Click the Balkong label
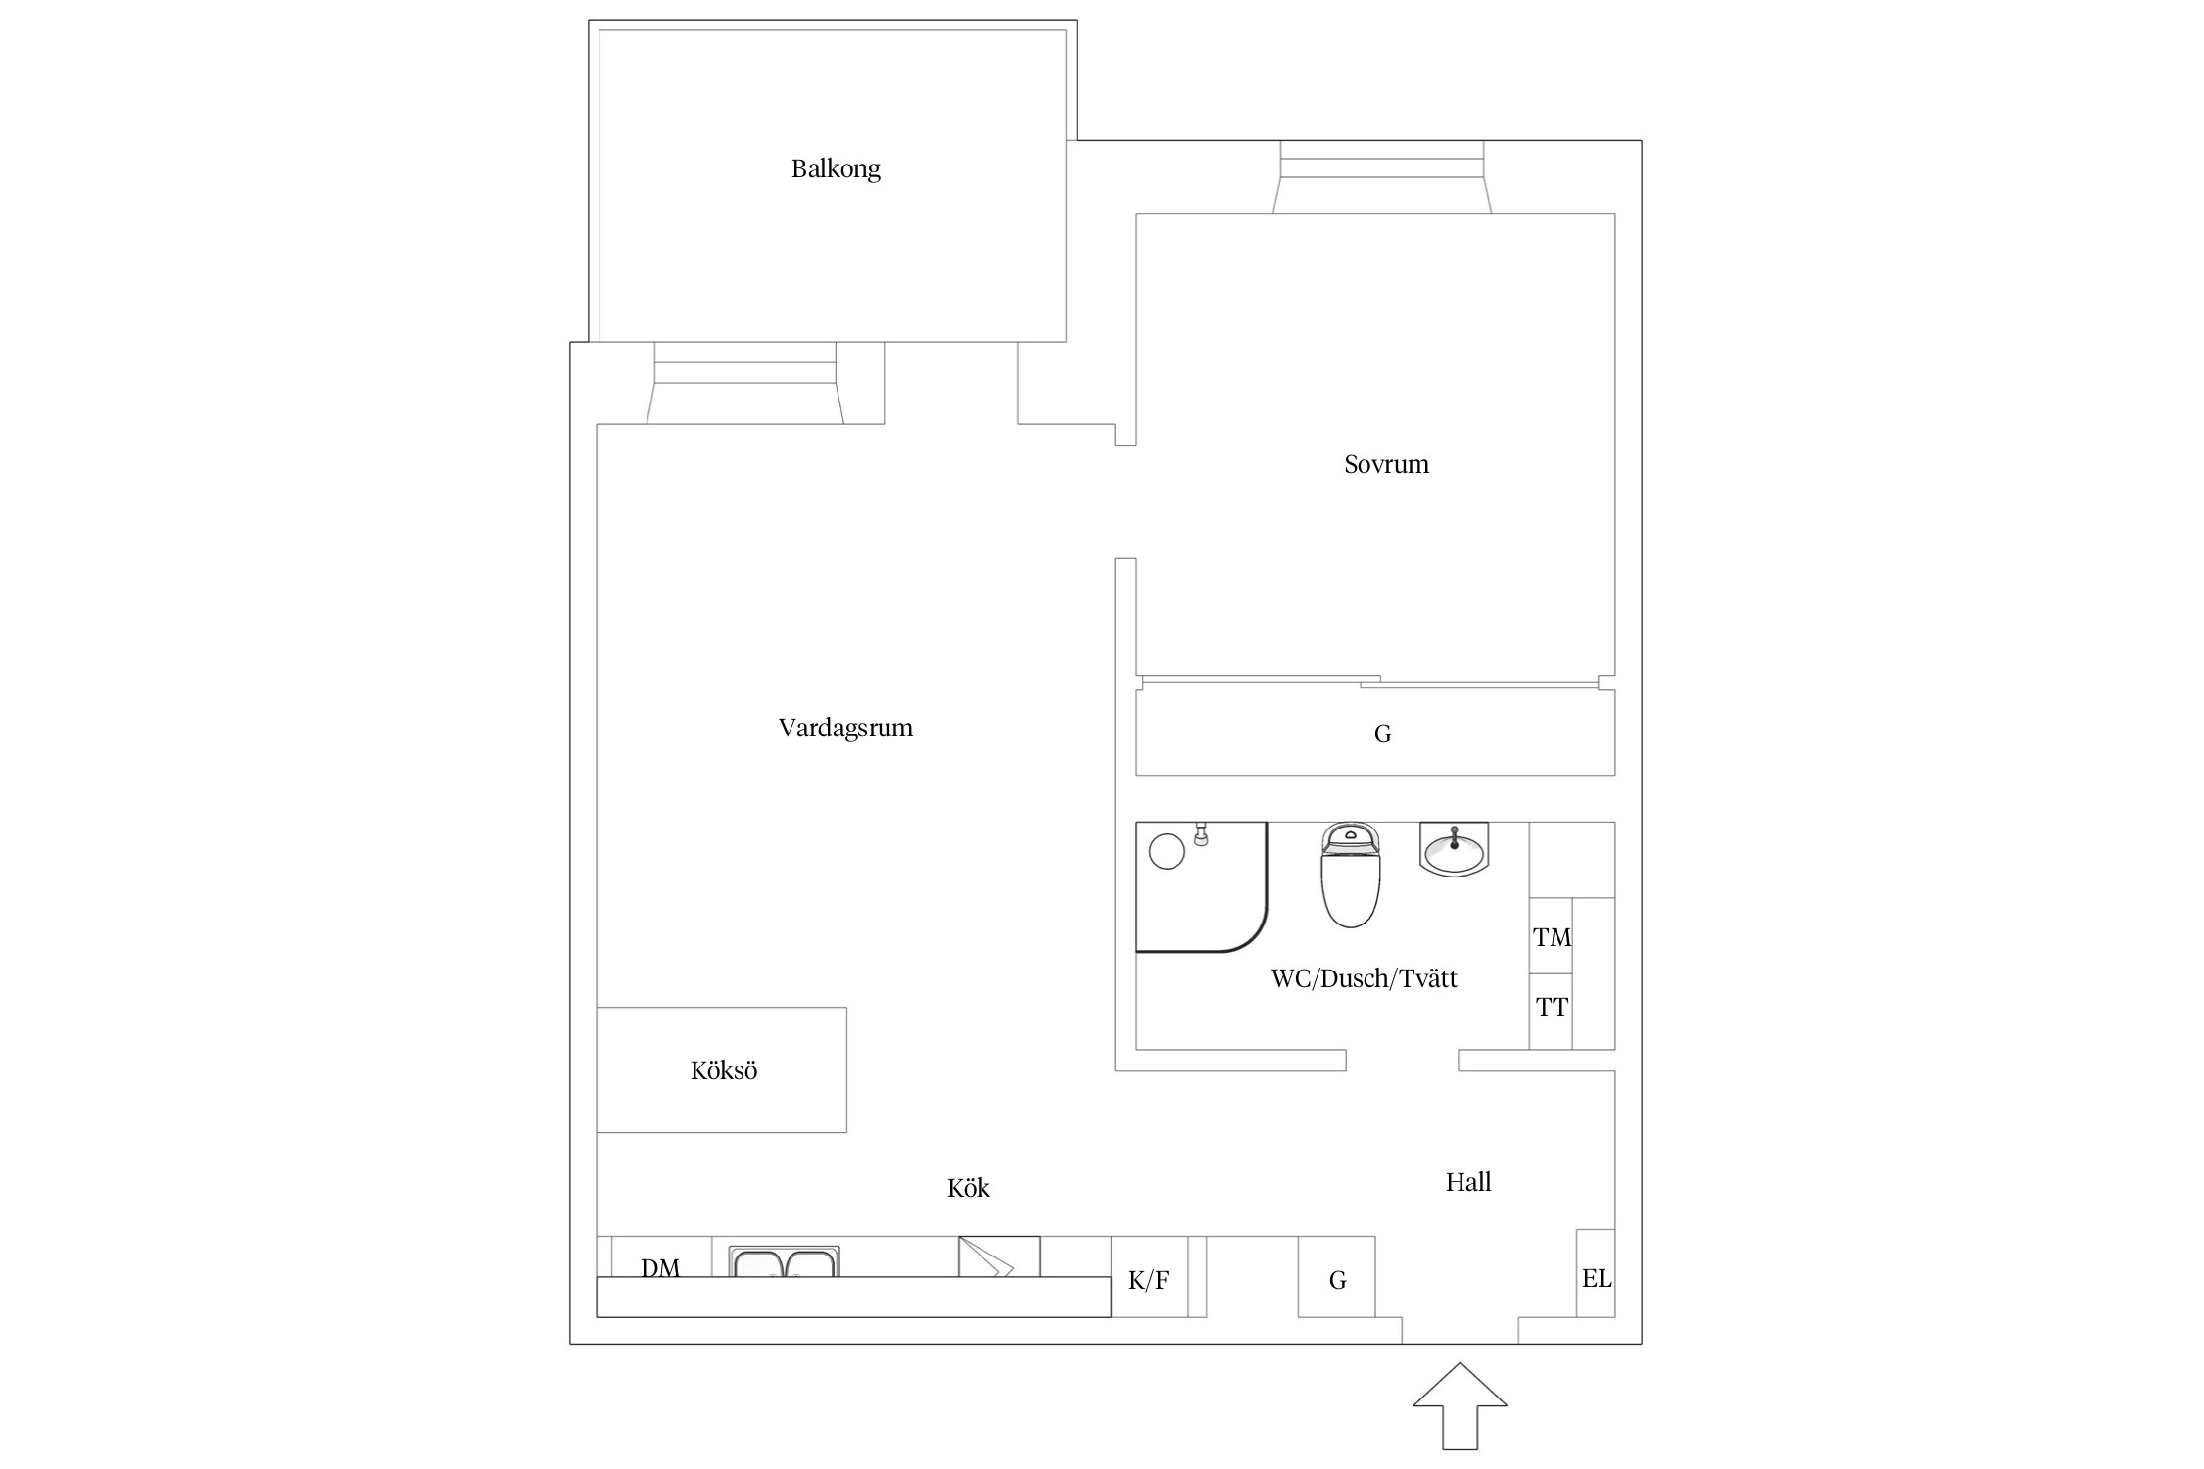click(x=836, y=169)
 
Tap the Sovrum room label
click(x=1386, y=464)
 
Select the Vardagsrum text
click(x=845, y=729)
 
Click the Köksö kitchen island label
click(x=724, y=1070)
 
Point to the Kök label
click(x=968, y=1188)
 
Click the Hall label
click(x=1468, y=1182)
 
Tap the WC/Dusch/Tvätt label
click(x=1365, y=978)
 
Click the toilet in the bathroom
click(x=1351, y=875)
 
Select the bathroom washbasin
click(x=1454, y=849)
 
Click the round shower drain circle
click(x=1167, y=851)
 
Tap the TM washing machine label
click(x=1553, y=937)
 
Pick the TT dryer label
click(x=1552, y=1007)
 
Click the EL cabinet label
click(x=1597, y=1278)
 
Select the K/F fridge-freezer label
click(x=1149, y=1280)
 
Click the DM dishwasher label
click(x=660, y=1267)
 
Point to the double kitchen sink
click(x=784, y=1261)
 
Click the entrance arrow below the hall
click(x=1460, y=1406)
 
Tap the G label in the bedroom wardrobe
click(x=1383, y=734)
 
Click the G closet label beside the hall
click(x=1338, y=1280)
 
